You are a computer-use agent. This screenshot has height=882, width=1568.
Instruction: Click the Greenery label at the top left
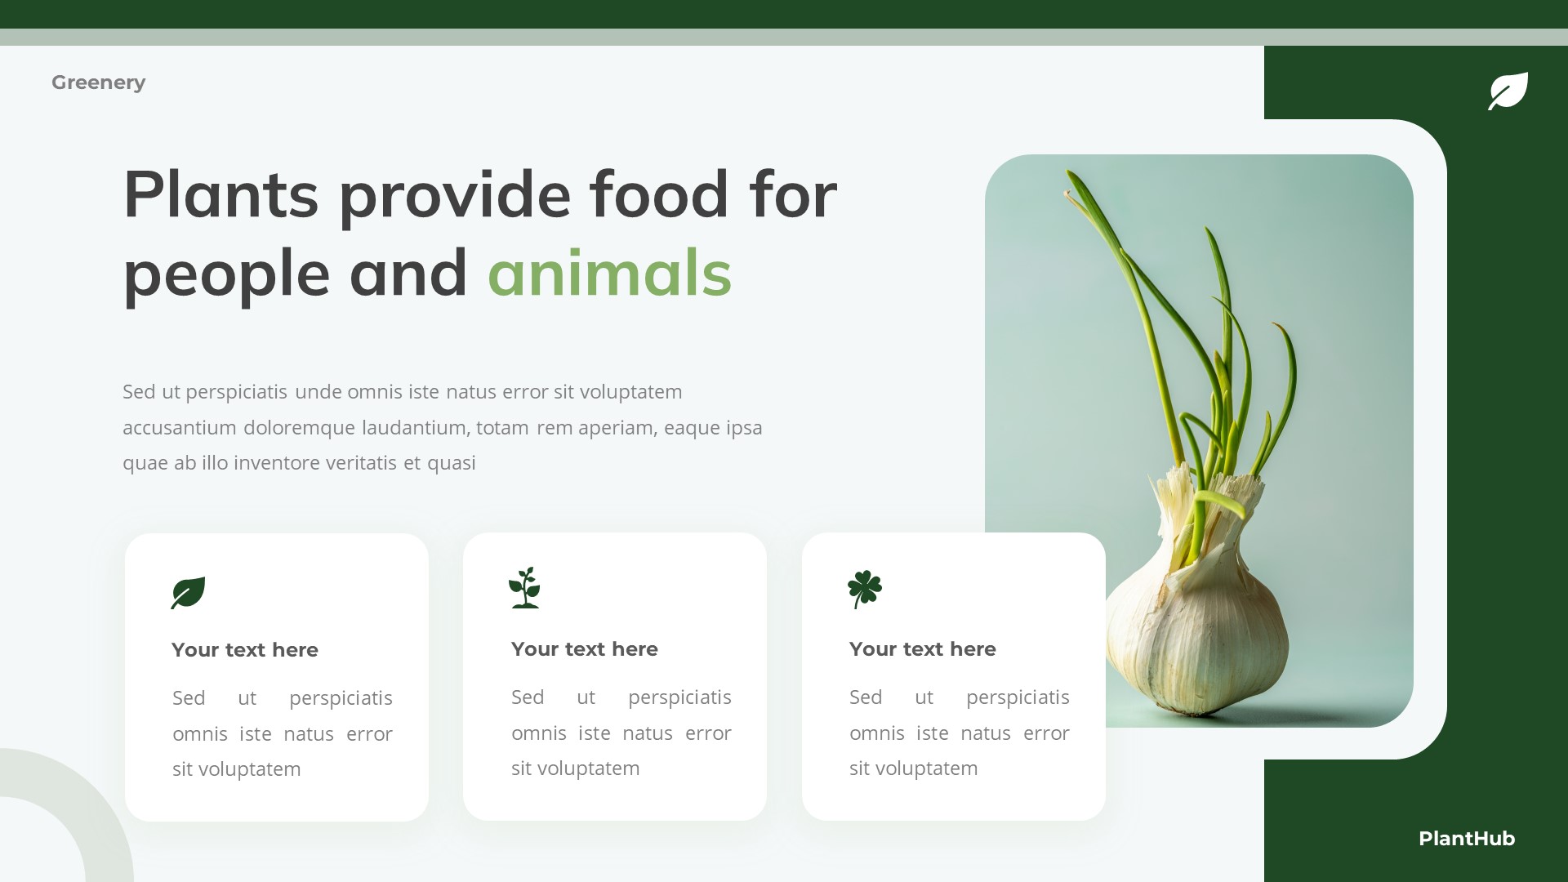pyautogui.click(x=98, y=82)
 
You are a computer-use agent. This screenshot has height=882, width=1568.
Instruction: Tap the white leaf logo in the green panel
pyautogui.click(x=1508, y=91)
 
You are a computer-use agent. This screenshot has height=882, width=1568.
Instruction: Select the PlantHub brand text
pyautogui.click(x=1466, y=839)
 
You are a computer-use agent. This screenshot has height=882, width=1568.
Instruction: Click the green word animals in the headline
pyautogui.click(x=609, y=274)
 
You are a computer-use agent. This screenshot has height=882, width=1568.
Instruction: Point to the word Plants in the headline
pyautogui.click(x=220, y=195)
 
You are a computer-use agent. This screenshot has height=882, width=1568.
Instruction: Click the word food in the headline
pyautogui.click(x=658, y=195)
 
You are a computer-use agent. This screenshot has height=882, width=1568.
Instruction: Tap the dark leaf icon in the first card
pyautogui.click(x=188, y=592)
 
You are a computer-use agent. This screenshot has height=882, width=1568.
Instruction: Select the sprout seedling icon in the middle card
pyautogui.click(x=524, y=587)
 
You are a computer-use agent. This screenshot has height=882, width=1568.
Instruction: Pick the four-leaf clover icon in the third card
pyautogui.click(x=864, y=588)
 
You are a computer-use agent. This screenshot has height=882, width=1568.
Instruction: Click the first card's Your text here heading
pyautogui.click(x=245, y=650)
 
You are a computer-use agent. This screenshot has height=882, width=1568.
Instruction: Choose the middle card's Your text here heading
pyautogui.click(x=584, y=649)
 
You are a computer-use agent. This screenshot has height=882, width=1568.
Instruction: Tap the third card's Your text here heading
pyautogui.click(x=922, y=649)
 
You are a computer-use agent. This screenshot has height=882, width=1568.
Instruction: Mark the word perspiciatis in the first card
pyautogui.click(x=341, y=698)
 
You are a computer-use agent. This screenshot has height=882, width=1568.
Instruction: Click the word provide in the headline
pyautogui.click(x=455, y=195)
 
